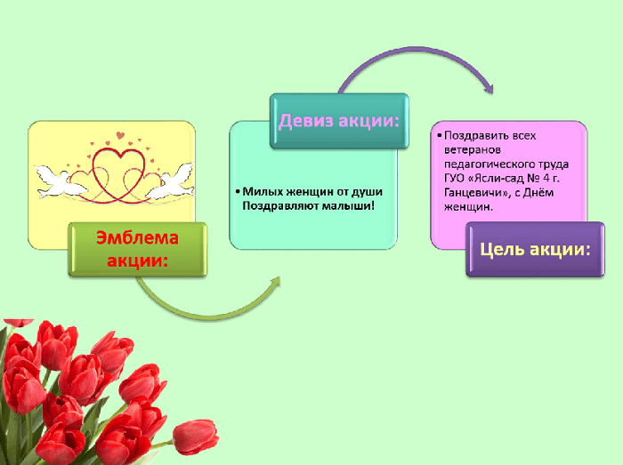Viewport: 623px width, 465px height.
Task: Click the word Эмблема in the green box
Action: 137,237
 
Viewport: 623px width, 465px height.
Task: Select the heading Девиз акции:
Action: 339,120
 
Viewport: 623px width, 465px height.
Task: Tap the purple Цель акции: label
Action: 535,249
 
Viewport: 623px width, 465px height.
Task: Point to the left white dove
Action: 60,181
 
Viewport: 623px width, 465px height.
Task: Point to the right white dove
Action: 172,181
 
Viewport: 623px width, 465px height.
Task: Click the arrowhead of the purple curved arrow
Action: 489,88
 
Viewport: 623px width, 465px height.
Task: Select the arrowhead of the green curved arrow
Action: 275,282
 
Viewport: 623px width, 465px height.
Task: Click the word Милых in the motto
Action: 263,192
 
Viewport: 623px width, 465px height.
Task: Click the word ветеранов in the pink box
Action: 473,150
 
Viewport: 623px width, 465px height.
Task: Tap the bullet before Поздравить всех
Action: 440,136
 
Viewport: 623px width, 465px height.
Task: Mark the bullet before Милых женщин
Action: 238,192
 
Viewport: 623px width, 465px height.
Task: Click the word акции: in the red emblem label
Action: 137,261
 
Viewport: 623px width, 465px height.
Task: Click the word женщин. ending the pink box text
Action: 468,206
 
